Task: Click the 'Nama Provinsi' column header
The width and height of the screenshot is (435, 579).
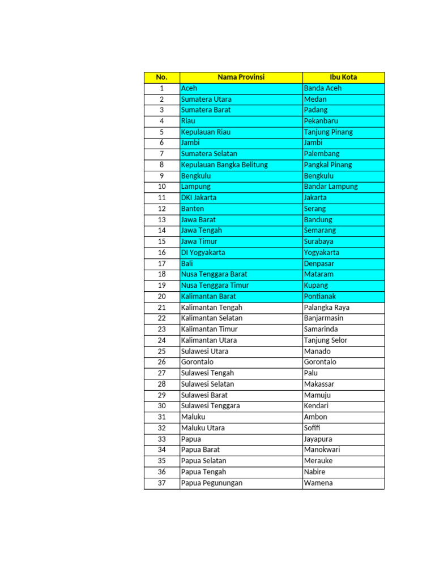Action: pos(241,77)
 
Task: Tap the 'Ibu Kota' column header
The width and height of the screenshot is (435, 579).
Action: pos(343,77)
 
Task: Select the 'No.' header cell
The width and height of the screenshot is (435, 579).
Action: pos(161,77)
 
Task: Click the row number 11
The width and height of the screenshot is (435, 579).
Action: pos(161,198)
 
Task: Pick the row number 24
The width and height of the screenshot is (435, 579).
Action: pos(161,340)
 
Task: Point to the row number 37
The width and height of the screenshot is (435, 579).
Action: pos(161,483)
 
